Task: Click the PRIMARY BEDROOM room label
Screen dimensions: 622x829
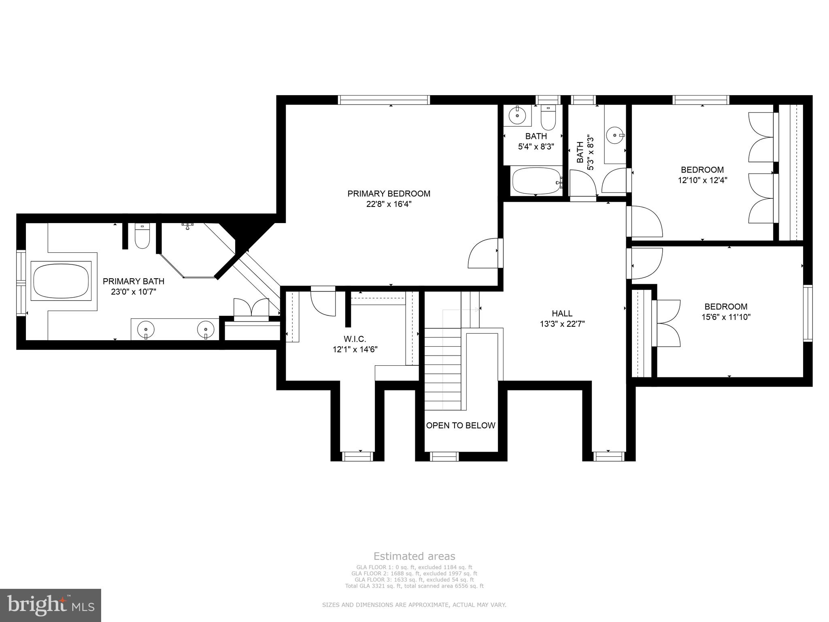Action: pos(389,194)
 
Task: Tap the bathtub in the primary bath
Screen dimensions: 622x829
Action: pos(61,281)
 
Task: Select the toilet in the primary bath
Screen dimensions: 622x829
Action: pos(142,237)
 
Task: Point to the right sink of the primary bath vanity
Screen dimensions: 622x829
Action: pos(206,328)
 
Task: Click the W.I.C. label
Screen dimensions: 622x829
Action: pos(355,339)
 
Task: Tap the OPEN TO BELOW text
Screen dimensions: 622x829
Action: pos(461,425)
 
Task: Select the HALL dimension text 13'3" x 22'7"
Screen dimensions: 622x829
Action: pos(562,324)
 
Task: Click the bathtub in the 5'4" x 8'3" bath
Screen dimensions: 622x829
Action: pos(536,181)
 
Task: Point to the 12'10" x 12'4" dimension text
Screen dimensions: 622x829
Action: pos(702,180)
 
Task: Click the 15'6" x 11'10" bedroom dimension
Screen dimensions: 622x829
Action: pos(726,317)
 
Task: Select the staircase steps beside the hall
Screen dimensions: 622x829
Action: pos(442,369)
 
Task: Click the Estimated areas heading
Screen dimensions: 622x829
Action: pos(414,556)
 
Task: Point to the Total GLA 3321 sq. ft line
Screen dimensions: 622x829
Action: pos(414,586)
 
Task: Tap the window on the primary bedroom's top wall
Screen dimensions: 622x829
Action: pos(384,100)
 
